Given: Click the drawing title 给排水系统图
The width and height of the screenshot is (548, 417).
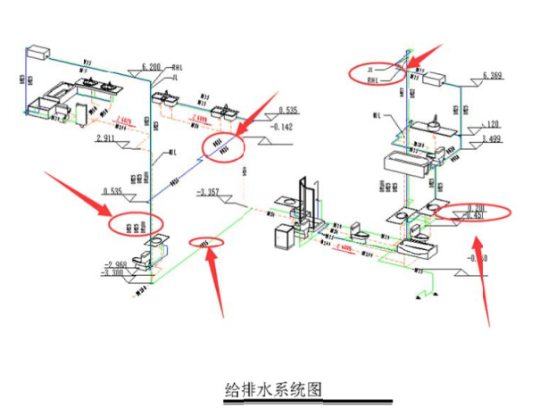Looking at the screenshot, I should (272, 389).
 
